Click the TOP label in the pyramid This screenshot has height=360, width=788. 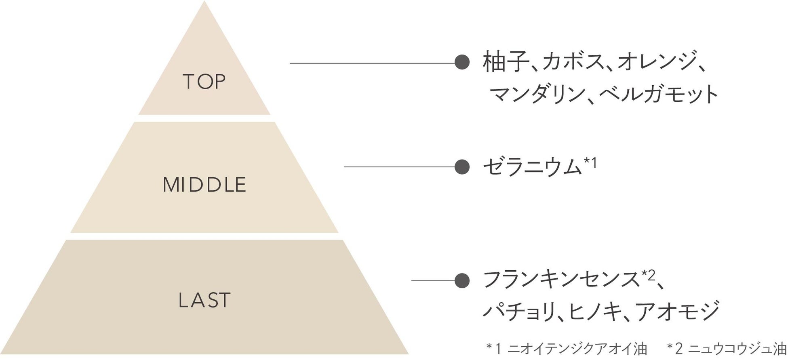(x=204, y=82)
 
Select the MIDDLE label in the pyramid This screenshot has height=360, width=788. (x=204, y=185)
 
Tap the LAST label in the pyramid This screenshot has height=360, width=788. (x=204, y=301)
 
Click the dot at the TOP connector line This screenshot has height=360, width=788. (x=462, y=63)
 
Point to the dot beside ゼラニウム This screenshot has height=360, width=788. (x=462, y=166)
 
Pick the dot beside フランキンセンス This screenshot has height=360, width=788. (x=462, y=280)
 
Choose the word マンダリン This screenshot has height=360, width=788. (x=537, y=94)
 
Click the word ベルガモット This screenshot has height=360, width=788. (x=659, y=94)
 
